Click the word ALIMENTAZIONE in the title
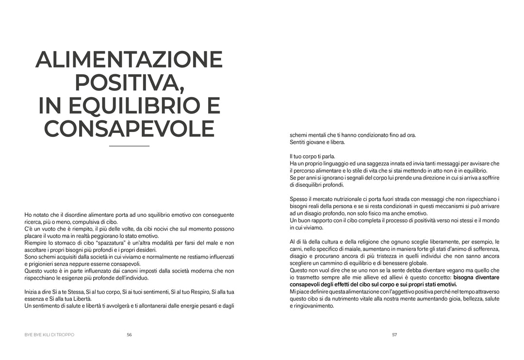click(x=129, y=60)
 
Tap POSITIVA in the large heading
click(x=129, y=83)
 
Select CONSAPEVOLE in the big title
click(x=129, y=129)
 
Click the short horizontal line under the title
click(x=129, y=146)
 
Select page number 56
click(x=129, y=334)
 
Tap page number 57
click(x=394, y=334)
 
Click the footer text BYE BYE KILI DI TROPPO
click(x=49, y=334)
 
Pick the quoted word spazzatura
click(x=111, y=243)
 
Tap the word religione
click(x=382, y=242)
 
